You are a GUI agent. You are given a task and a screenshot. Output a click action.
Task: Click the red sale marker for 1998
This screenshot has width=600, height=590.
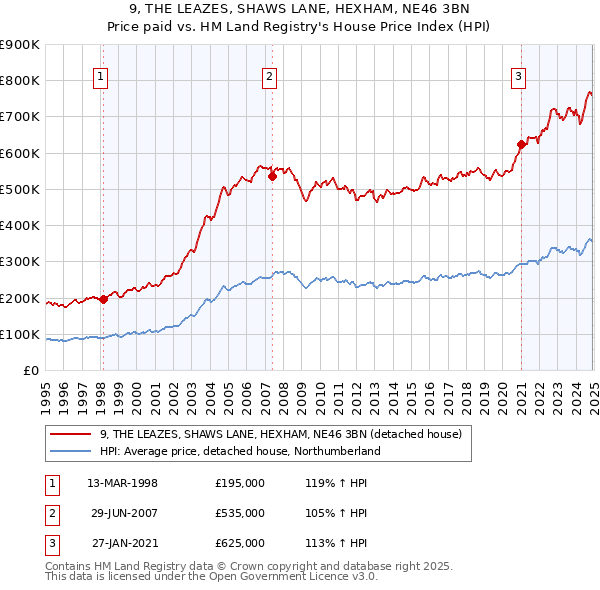tap(104, 299)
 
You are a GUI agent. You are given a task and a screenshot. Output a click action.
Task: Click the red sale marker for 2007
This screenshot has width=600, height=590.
tap(272, 176)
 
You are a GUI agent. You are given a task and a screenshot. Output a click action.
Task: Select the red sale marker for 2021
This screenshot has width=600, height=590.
tap(521, 144)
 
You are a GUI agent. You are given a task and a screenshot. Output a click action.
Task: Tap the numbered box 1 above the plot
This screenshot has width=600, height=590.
tap(102, 74)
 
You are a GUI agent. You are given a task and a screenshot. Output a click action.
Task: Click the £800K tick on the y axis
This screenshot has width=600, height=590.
tap(20, 81)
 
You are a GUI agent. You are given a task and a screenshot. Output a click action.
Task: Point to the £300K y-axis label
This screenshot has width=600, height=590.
tap(20, 262)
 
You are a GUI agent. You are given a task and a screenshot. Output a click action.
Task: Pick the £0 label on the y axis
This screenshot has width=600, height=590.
tap(30, 371)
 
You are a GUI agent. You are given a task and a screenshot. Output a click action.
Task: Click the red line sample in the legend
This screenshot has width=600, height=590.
tap(71, 434)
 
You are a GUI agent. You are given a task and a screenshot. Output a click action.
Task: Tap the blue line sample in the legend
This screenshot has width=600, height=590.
tap(71, 451)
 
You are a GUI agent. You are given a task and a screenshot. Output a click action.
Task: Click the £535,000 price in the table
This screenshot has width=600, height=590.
tap(240, 513)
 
